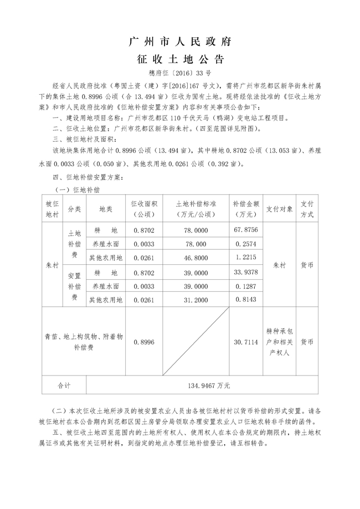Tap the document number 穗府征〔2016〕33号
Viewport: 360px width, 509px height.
(180, 73)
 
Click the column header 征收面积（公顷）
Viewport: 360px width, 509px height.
(143, 209)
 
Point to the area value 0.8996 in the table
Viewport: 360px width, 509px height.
(143, 343)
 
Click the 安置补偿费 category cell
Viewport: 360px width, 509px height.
(74, 286)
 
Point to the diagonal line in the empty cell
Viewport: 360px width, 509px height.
(192, 342)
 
